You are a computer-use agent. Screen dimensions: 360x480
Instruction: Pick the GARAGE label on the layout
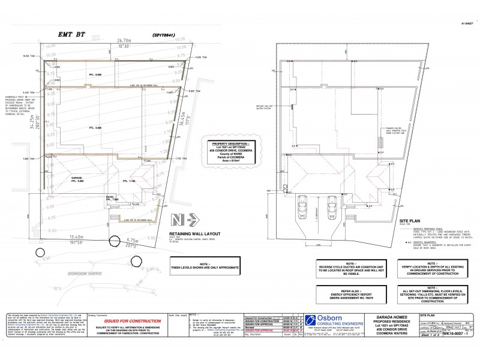pyautogui.click(x=77, y=178)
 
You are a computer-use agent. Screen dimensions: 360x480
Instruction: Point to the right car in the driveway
pyautogui.click(x=332, y=208)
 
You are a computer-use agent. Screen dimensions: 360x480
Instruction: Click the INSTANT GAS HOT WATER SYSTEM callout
pyautogui.click(x=264, y=107)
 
